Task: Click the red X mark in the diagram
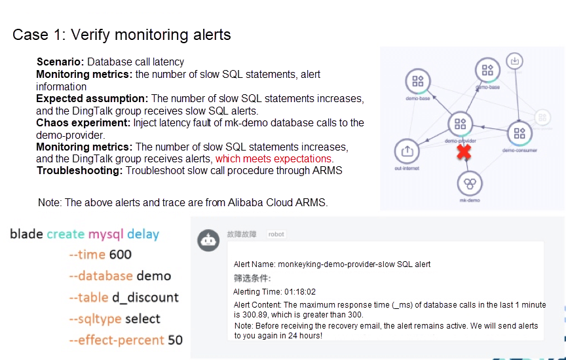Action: pos(464,153)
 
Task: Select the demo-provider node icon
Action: pos(460,124)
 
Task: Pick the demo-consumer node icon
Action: pos(519,134)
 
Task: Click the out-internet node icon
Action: pos(407,151)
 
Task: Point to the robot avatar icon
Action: pos(209,241)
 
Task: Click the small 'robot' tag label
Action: pos(276,234)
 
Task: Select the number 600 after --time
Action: pos(121,255)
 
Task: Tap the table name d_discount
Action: pos(145,297)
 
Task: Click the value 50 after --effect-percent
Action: pos(176,340)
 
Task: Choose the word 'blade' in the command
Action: pos(27,234)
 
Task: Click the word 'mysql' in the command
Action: pos(106,234)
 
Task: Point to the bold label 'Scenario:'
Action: pos(60,62)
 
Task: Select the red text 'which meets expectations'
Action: pos(274,159)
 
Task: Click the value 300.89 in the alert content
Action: pos(250,315)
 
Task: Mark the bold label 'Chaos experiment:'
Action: pos(83,122)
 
